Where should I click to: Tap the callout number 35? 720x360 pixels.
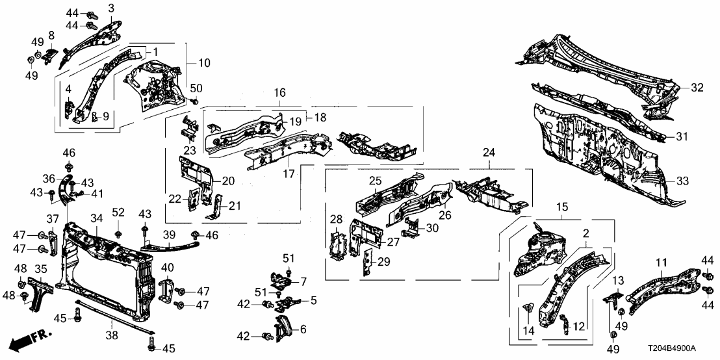(40, 268)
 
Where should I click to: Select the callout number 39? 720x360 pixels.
(169, 234)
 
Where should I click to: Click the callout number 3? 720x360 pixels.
(111, 8)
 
